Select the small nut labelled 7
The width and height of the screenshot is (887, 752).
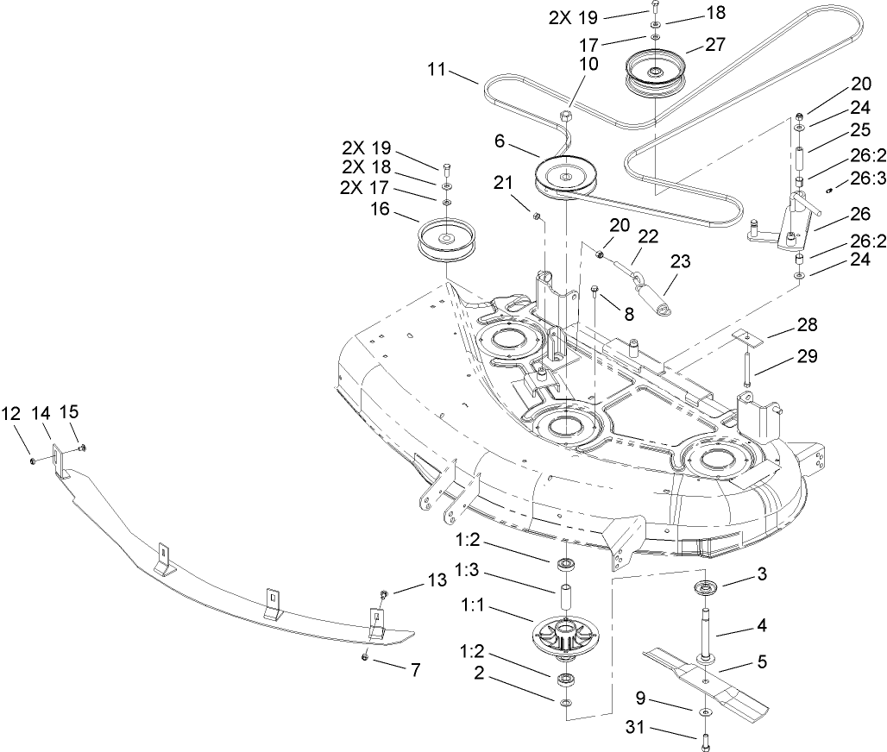point(366,657)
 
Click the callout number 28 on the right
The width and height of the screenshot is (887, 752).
point(807,325)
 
